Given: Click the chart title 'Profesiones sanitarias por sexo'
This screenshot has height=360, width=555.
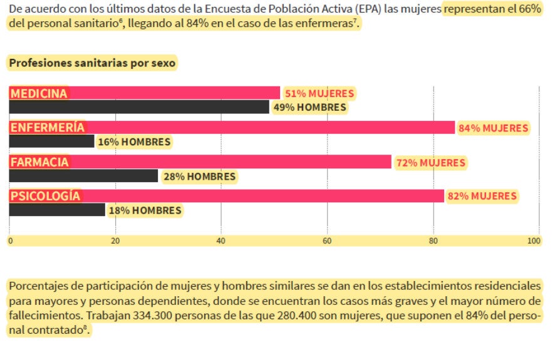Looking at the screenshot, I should [x=92, y=63].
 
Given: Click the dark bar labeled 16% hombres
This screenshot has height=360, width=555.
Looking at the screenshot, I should [x=51, y=142].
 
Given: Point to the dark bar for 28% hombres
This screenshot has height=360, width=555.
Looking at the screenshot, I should [x=83, y=177].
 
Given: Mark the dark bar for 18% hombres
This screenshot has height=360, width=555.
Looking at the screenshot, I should [x=57, y=210].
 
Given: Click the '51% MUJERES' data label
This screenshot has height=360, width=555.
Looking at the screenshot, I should [x=319, y=93].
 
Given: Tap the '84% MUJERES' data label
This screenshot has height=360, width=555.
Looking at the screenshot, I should [x=494, y=128].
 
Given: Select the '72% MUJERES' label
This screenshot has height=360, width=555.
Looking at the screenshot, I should [x=430, y=163].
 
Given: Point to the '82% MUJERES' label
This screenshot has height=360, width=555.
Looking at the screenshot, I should [x=482, y=196].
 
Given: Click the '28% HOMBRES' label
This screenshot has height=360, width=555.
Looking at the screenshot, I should [x=199, y=177].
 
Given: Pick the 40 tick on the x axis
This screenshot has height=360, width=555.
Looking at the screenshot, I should [x=220, y=240].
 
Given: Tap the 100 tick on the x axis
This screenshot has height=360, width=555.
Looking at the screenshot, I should [x=534, y=240].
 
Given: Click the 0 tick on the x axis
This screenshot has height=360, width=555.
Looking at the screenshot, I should [x=10, y=240].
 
